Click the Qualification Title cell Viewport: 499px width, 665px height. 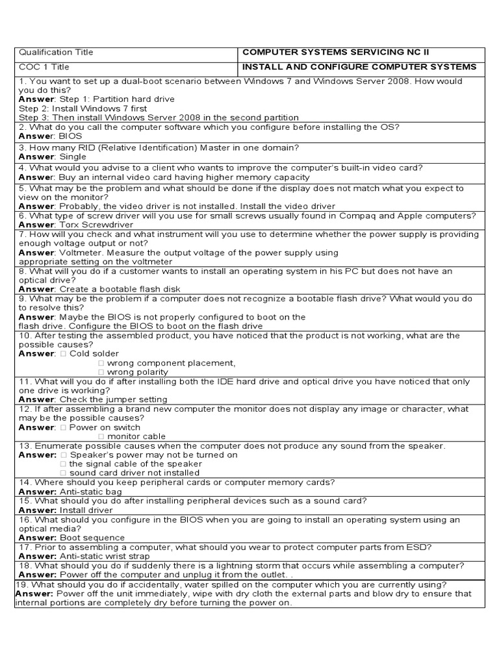[x=57, y=53]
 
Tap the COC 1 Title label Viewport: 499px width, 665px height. [x=44, y=67]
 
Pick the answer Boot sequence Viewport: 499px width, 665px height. [x=92, y=538]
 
